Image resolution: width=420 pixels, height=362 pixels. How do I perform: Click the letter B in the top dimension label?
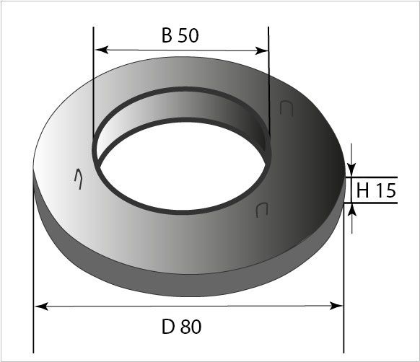167,37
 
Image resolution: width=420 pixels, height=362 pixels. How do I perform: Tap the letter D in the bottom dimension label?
167,327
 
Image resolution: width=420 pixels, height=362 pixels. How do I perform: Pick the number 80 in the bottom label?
191,327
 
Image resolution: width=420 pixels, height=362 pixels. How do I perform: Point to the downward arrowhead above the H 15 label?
352,169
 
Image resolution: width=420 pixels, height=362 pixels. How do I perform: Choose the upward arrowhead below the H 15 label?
352,210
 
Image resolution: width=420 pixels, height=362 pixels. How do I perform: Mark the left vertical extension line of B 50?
94,87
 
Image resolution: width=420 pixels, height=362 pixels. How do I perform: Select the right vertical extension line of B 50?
269,87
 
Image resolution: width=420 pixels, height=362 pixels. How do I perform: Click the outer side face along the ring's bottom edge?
180,286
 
